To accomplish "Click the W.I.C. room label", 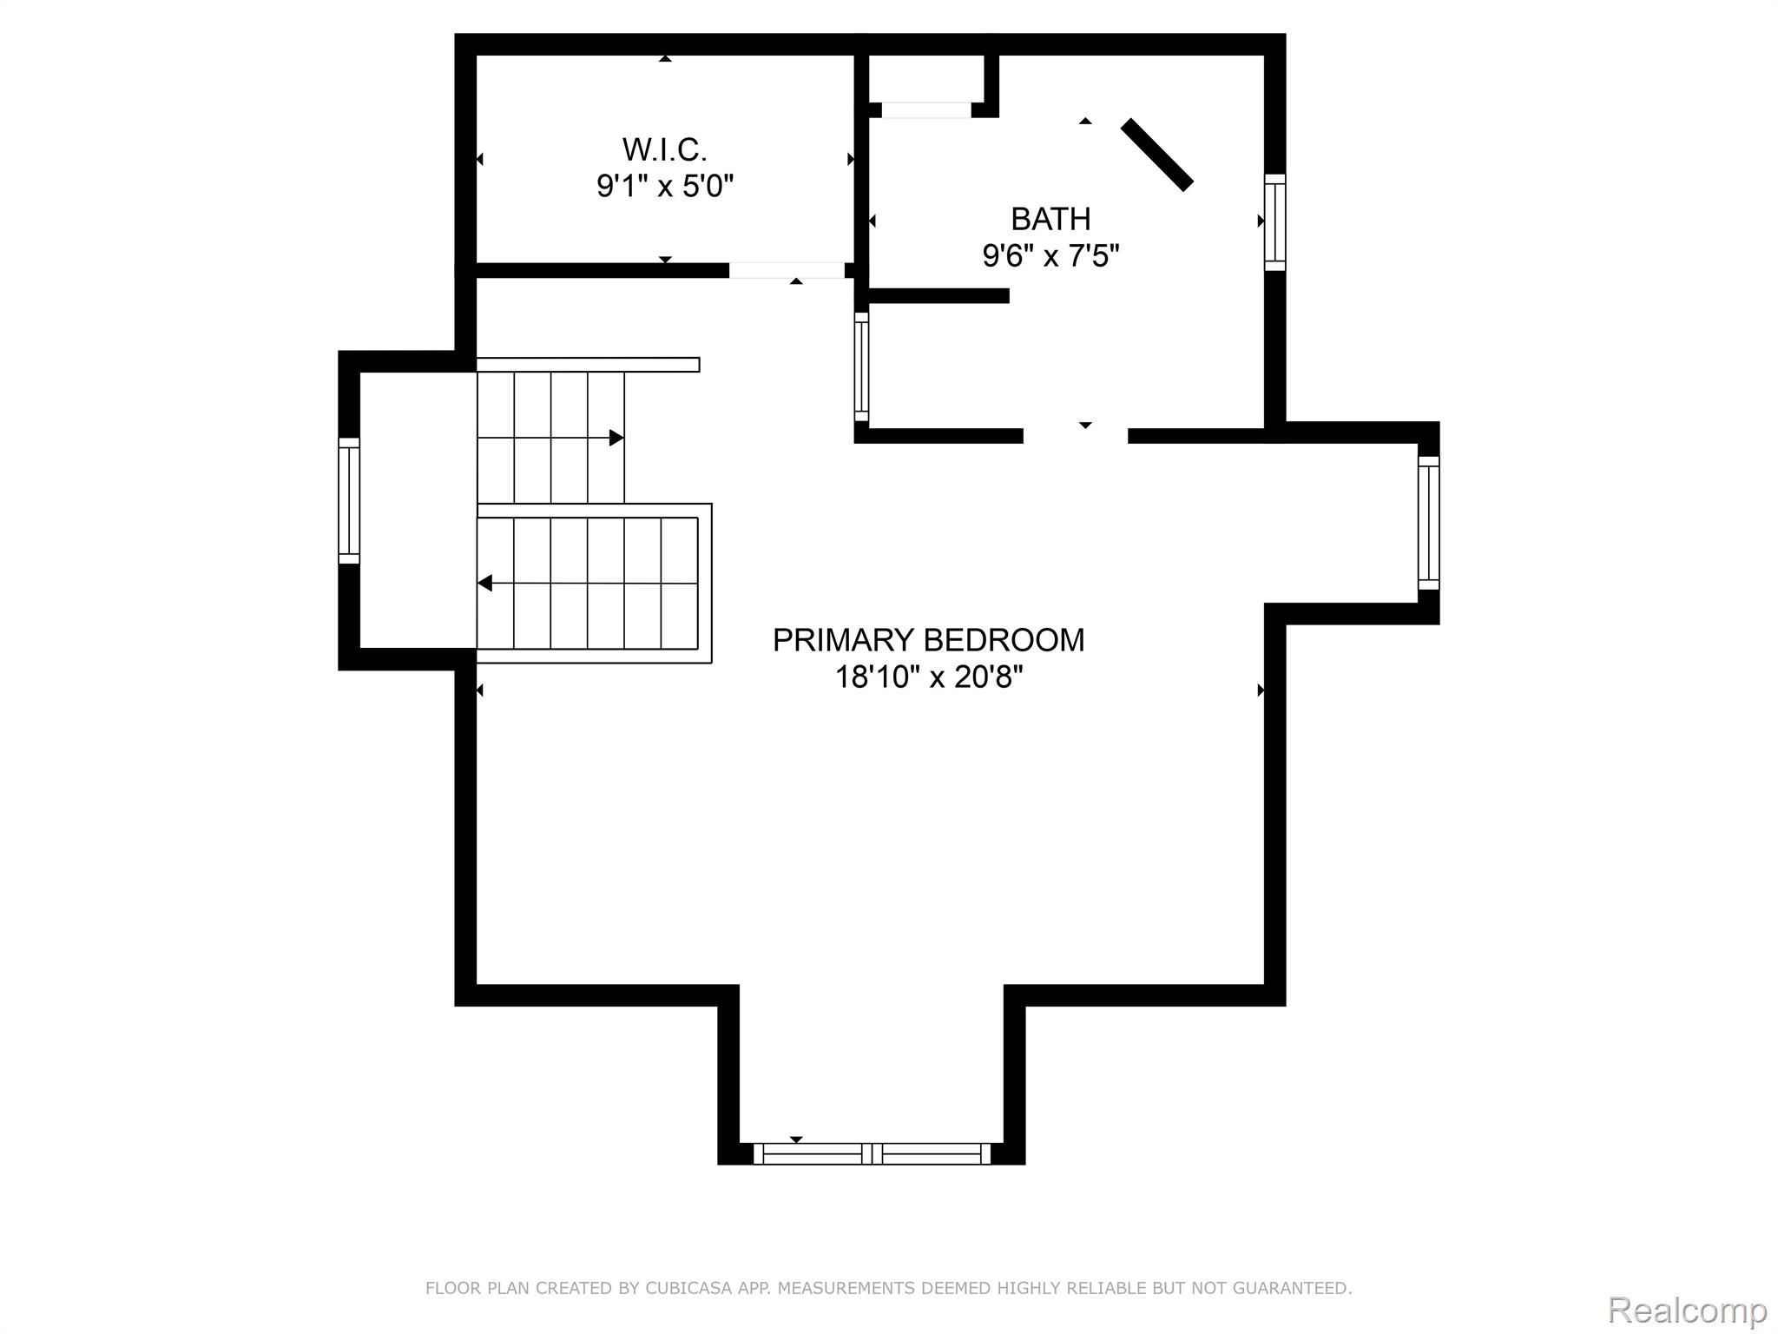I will (x=664, y=150).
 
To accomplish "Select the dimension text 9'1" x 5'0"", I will (x=665, y=186).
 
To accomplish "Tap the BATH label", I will (x=1050, y=219).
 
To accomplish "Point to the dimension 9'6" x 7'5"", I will (x=1050, y=256).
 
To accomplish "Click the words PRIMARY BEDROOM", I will (x=928, y=640).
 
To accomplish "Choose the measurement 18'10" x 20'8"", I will (x=928, y=677).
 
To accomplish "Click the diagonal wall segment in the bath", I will (x=1156, y=155).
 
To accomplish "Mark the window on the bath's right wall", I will (x=1274, y=221).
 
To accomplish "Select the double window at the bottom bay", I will (x=871, y=1153).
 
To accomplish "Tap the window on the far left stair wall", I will (x=349, y=500).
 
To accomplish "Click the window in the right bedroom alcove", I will (x=1428, y=523).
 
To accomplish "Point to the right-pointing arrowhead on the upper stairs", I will (x=616, y=438).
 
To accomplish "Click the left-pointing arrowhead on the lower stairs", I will (x=485, y=583).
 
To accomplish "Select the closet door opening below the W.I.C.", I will (x=786, y=270).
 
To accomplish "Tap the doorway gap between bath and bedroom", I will (x=1075, y=436).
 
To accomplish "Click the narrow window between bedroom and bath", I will (x=861, y=367).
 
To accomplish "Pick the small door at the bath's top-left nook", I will (x=925, y=110).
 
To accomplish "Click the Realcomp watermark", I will (x=1687, y=1309).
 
